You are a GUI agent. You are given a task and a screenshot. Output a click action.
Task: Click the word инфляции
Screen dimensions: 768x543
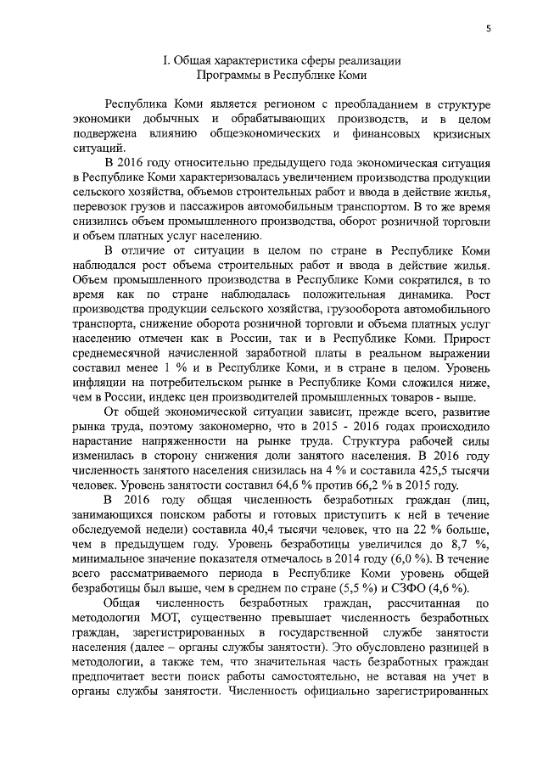[x=101, y=381]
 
